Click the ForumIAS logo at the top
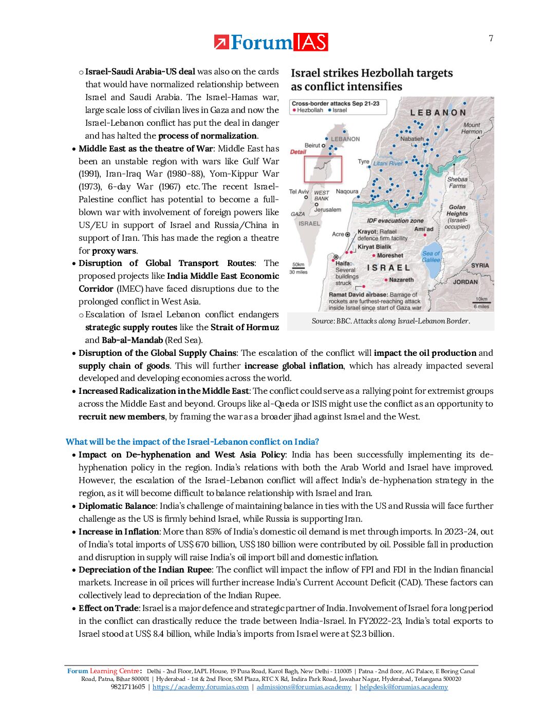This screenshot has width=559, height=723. pyautogui.click(x=271, y=42)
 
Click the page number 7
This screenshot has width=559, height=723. pyautogui.click(x=491, y=39)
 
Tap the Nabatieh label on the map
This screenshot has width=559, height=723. pyautogui.click(x=412, y=139)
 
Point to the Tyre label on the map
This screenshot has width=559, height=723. pyautogui.click(x=363, y=161)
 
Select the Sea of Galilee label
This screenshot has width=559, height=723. pyautogui.click(x=431, y=256)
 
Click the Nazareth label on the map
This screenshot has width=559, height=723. pyautogui.click(x=401, y=280)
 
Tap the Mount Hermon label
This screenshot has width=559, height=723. pyautogui.click(x=472, y=128)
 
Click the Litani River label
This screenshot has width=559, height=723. pyautogui.click(x=388, y=163)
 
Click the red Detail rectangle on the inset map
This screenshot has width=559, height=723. pyautogui.click(x=323, y=169)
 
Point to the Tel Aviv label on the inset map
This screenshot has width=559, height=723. pyautogui.click(x=299, y=192)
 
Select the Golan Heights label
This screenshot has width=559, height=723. pyautogui.click(x=457, y=210)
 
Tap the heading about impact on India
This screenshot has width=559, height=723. pyautogui.click(x=192, y=442)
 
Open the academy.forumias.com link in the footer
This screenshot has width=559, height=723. pyautogui.click(x=200, y=687)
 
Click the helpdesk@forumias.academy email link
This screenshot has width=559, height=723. pyautogui.click(x=403, y=687)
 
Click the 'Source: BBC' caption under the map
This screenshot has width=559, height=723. pyautogui.click(x=390, y=321)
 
